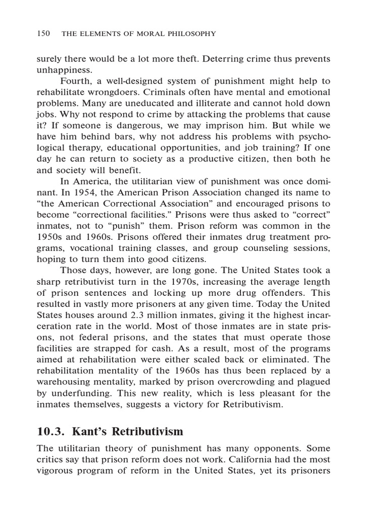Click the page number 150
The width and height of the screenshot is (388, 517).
[43, 34]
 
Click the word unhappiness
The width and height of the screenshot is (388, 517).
[65, 70]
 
